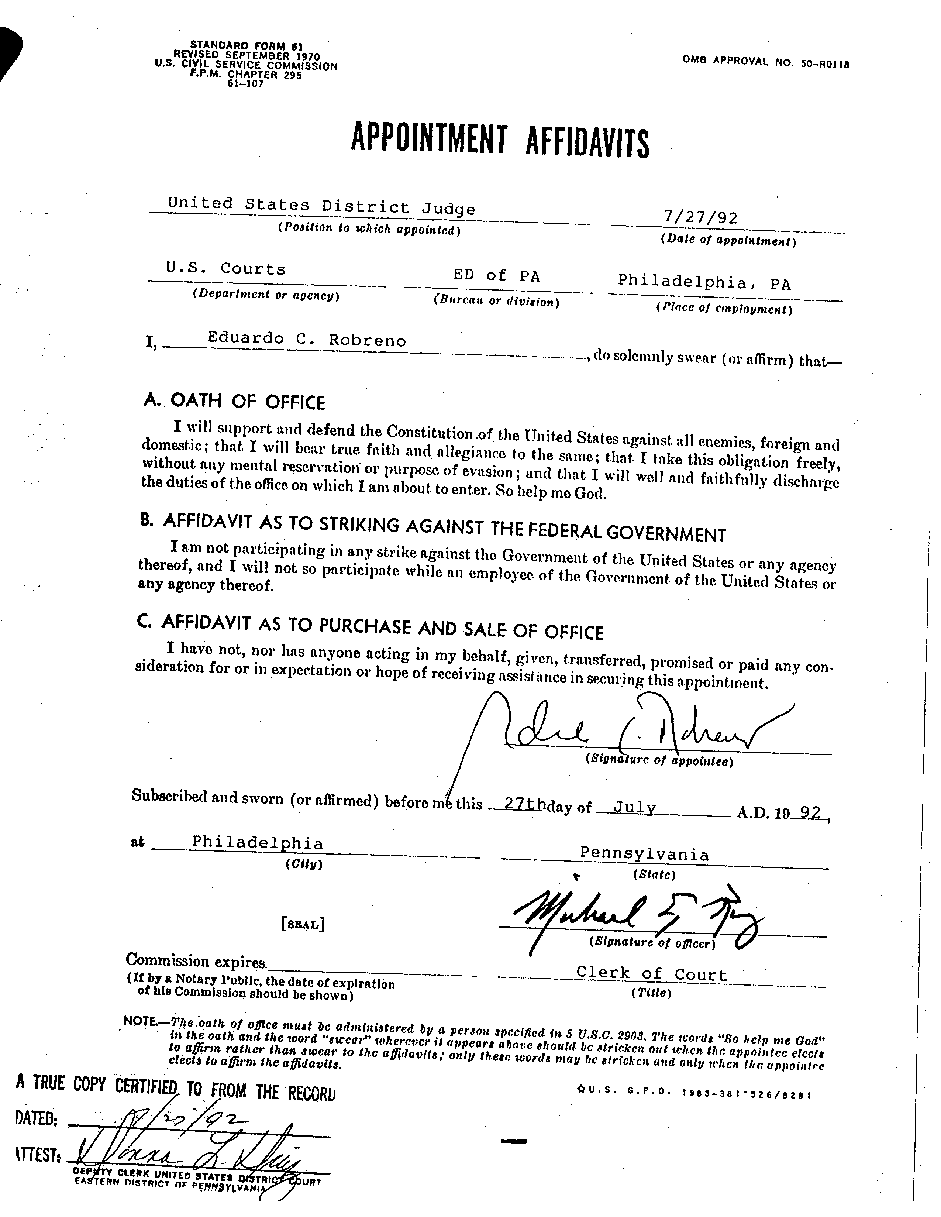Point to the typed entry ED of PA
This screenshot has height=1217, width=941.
[x=496, y=275]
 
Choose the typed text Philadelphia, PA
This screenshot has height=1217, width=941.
[x=704, y=282]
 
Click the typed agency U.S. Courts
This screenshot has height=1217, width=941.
[x=225, y=269]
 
